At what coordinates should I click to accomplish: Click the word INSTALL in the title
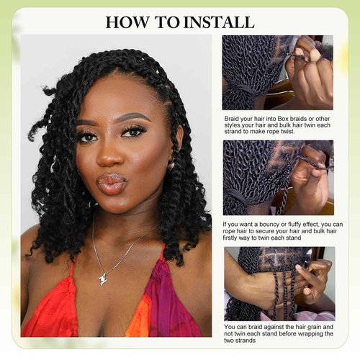[219, 22]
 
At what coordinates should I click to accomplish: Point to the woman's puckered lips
[112, 182]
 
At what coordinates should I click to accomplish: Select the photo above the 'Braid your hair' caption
[277, 72]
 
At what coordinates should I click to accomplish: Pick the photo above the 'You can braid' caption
[277, 283]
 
